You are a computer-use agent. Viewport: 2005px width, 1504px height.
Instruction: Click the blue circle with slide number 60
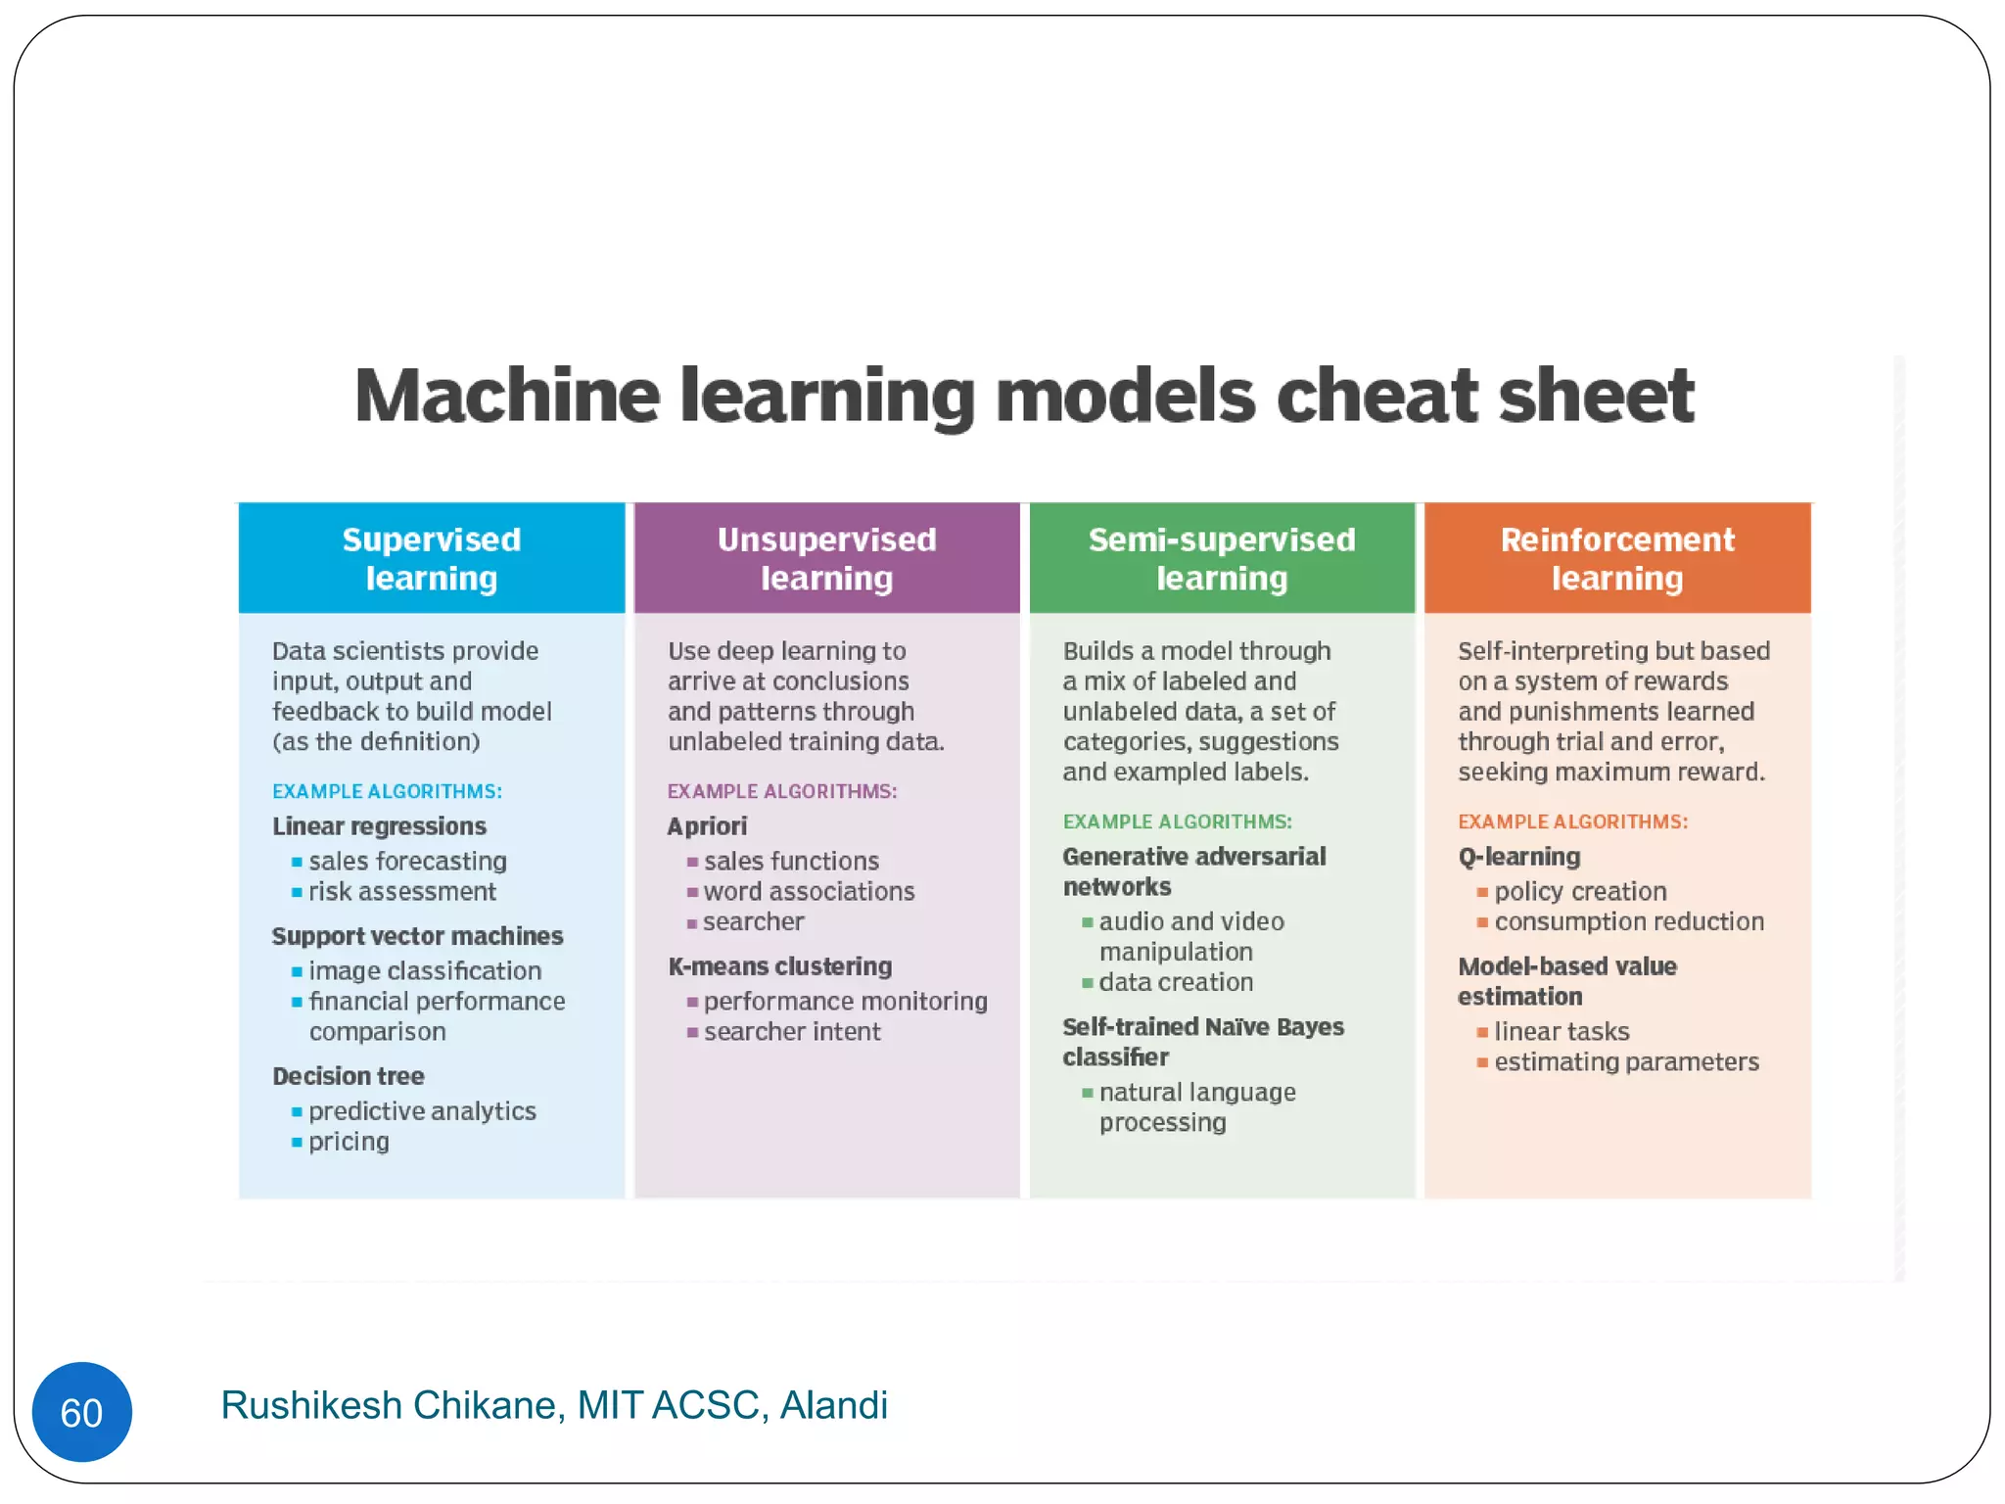click(81, 1412)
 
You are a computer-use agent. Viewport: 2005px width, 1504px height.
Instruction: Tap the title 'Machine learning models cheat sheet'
click(1024, 396)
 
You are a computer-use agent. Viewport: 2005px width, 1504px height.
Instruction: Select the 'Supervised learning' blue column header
click(432, 558)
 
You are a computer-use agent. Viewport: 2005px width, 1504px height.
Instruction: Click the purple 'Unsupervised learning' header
click(827, 558)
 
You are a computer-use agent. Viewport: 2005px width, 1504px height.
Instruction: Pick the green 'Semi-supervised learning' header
click(1222, 558)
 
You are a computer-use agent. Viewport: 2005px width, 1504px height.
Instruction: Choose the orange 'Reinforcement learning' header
click(1617, 558)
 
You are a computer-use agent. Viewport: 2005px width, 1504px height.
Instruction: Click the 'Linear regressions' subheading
click(380, 826)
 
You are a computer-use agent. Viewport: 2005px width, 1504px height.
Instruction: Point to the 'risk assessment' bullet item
click(402, 892)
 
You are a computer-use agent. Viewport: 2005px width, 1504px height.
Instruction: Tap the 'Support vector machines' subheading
click(418, 936)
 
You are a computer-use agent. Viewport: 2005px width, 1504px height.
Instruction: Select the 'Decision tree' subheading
click(349, 1076)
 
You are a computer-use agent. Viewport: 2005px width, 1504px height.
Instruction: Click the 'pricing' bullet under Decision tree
click(349, 1142)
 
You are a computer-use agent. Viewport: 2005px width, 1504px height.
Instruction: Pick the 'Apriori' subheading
click(707, 826)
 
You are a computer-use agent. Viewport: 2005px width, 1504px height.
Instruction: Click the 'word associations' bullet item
click(809, 892)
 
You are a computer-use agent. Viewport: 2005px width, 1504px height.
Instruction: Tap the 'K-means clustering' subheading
click(780, 966)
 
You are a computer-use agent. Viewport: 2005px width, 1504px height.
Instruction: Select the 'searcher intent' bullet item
click(792, 1032)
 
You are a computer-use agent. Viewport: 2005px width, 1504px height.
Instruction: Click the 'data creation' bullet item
click(1176, 982)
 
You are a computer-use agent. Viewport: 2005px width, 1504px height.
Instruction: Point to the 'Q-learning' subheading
click(1519, 857)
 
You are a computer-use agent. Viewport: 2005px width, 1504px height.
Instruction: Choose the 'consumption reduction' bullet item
click(1629, 922)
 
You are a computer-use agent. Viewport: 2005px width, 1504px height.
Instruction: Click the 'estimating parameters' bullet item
click(1626, 1062)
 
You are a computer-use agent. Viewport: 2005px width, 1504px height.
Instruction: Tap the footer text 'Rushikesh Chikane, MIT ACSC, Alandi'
click(554, 1405)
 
